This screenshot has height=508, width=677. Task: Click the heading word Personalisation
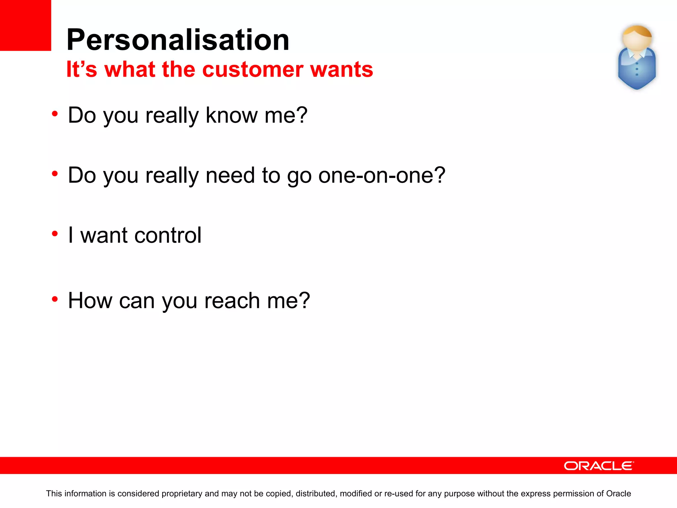coord(178,40)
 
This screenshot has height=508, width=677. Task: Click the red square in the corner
coord(25,25)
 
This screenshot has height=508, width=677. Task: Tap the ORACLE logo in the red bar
coord(599,466)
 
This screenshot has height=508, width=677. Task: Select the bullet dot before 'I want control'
coord(55,234)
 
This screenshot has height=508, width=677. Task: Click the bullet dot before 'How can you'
coord(55,299)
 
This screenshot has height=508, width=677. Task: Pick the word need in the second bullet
coord(230,175)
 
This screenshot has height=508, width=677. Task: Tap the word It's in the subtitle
coord(82,69)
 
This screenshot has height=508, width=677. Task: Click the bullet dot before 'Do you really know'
coord(55,114)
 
